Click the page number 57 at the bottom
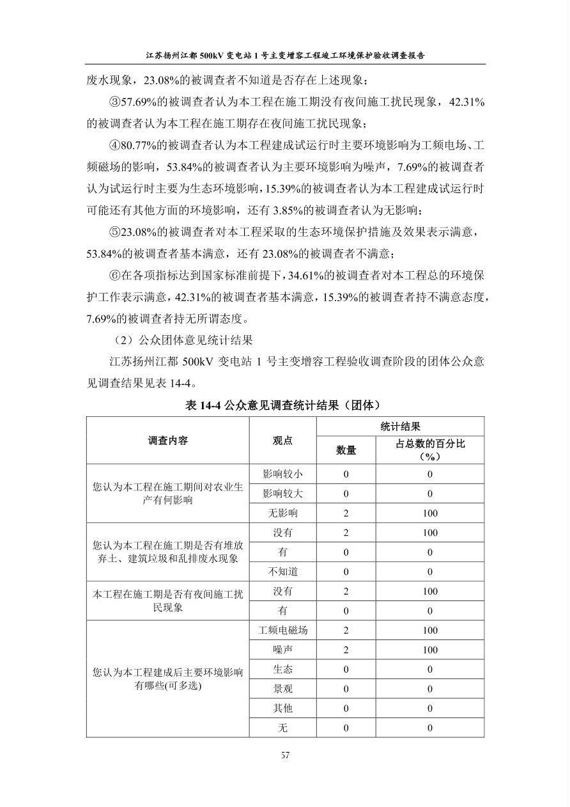285,755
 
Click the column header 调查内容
168,441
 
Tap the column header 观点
282,441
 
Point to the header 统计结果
400,427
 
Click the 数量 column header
346,450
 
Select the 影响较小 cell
282,474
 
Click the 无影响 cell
282,513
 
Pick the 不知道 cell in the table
282,572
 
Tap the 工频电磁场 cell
282,631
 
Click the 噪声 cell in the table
282,650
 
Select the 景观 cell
282,689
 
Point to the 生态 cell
282,670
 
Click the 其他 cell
282,709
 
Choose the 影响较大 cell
282,494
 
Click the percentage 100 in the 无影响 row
429,513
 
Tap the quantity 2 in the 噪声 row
346,650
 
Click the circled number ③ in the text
115,102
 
